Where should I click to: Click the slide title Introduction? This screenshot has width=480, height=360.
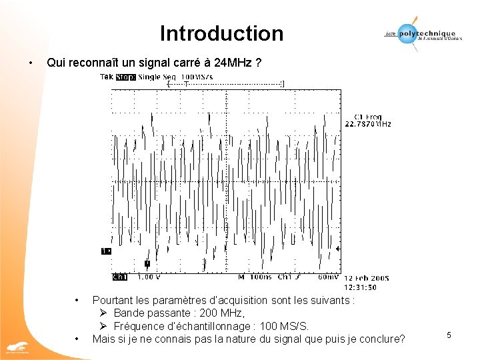pos(221,33)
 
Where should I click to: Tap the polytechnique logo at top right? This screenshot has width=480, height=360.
pos(419,33)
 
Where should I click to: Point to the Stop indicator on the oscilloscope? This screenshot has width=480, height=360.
pos(125,77)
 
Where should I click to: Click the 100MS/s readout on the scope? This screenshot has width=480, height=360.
pos(197,77)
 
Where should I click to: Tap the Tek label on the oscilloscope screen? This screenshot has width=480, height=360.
pos(106,77)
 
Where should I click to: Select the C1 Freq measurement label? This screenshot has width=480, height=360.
pos(367,116)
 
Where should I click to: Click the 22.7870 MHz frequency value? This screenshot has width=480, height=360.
pos(367,123)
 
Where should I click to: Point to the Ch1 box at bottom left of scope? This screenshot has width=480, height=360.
pos(120,277)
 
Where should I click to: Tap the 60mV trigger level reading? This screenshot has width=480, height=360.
pos(327,277)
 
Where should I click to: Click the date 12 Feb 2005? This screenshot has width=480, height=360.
pos(366,278)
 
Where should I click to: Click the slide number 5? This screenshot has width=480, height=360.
pos(449,335)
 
